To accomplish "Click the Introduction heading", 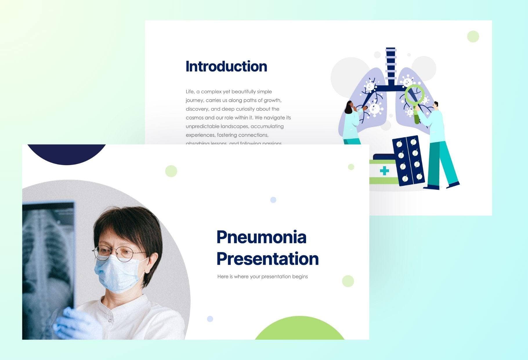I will (226, 66).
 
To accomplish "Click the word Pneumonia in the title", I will (261, 237).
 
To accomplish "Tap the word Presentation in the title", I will (267, 259).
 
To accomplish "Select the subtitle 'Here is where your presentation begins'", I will (262, 276).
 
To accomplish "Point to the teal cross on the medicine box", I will (384, 171).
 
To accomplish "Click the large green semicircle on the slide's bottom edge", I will (300, 330).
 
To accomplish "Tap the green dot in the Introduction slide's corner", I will (473, 37).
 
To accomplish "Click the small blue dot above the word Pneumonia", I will (273, 200).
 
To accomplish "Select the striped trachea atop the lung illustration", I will (391, 64).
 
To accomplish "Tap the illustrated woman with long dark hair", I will (351, 122).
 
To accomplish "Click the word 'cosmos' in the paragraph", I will (194, 118).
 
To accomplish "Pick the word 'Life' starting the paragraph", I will (190, 91).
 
